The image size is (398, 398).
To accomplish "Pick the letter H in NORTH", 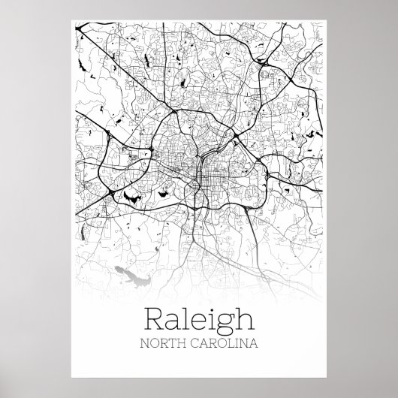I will click(182, 345).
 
